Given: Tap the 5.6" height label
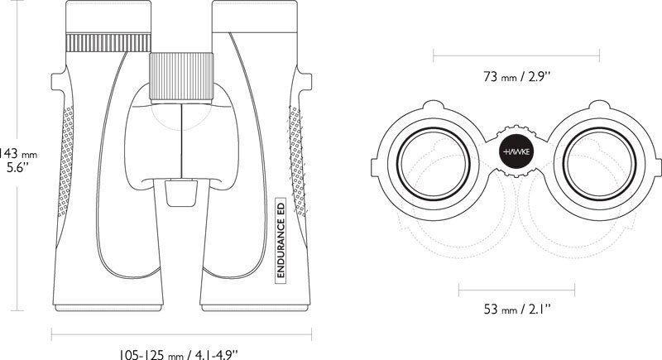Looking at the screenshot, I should (x=19, y=168).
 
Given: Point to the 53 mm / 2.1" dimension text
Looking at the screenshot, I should (x=516, y=310).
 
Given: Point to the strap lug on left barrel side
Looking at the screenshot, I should (x=56, y=83).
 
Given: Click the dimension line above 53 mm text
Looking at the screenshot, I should (x=516, y=290).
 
